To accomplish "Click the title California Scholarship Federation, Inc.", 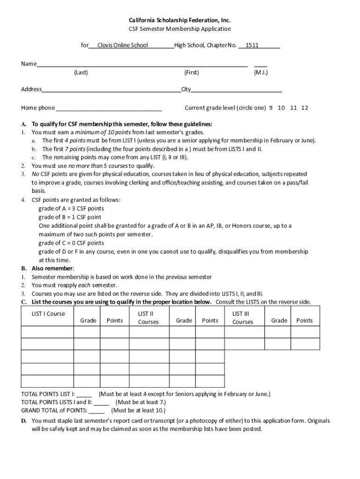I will [x=180, y=20].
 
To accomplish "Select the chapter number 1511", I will [x=252, y=45].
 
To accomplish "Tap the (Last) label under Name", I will [x=81, y=73].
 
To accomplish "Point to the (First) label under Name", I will [x=192, y=73].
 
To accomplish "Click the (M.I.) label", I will [x=261, y=73].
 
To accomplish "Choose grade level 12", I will [x=305, y=108].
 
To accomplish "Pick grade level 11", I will [x=294, y=108].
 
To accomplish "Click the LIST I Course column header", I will [x=49, y=314].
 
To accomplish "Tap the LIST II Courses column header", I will [x=148, y=318].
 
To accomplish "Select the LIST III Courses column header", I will [x=243, y=318].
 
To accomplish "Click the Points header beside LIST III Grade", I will [x=304, y=320].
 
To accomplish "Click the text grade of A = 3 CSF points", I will [x=71, y=209].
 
